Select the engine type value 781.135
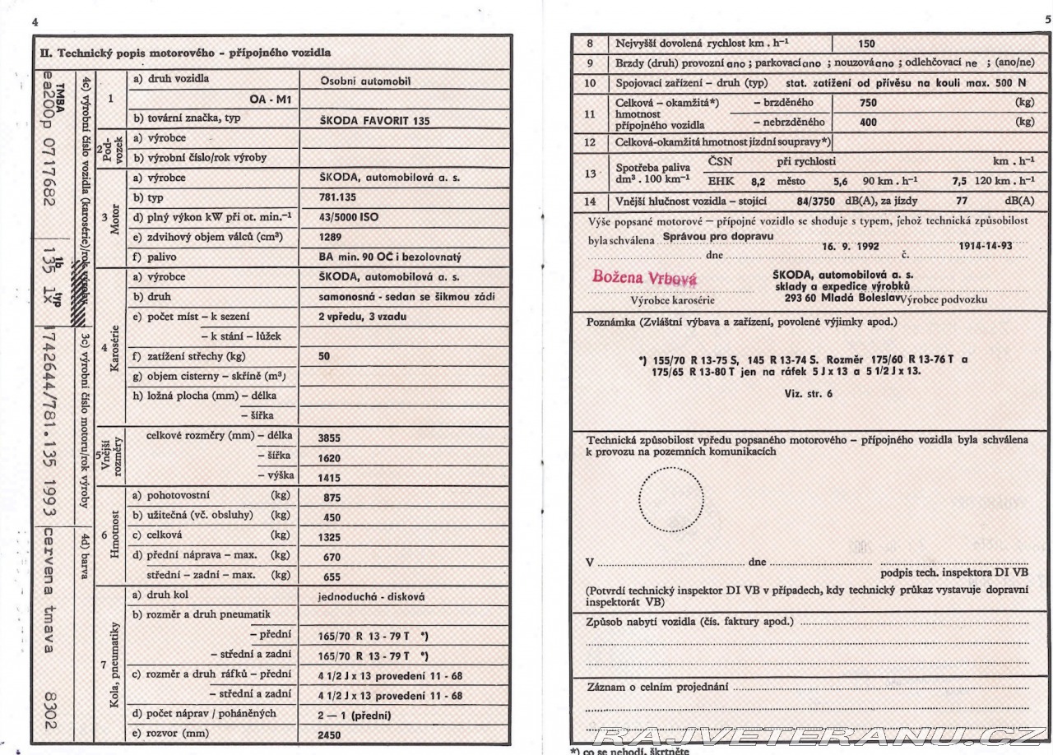(336, 198)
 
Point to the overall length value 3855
(331, 438)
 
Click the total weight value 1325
(331, 537)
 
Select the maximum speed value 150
(866, 44)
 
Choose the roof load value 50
(325, 357)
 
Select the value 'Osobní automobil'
(364, 81)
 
